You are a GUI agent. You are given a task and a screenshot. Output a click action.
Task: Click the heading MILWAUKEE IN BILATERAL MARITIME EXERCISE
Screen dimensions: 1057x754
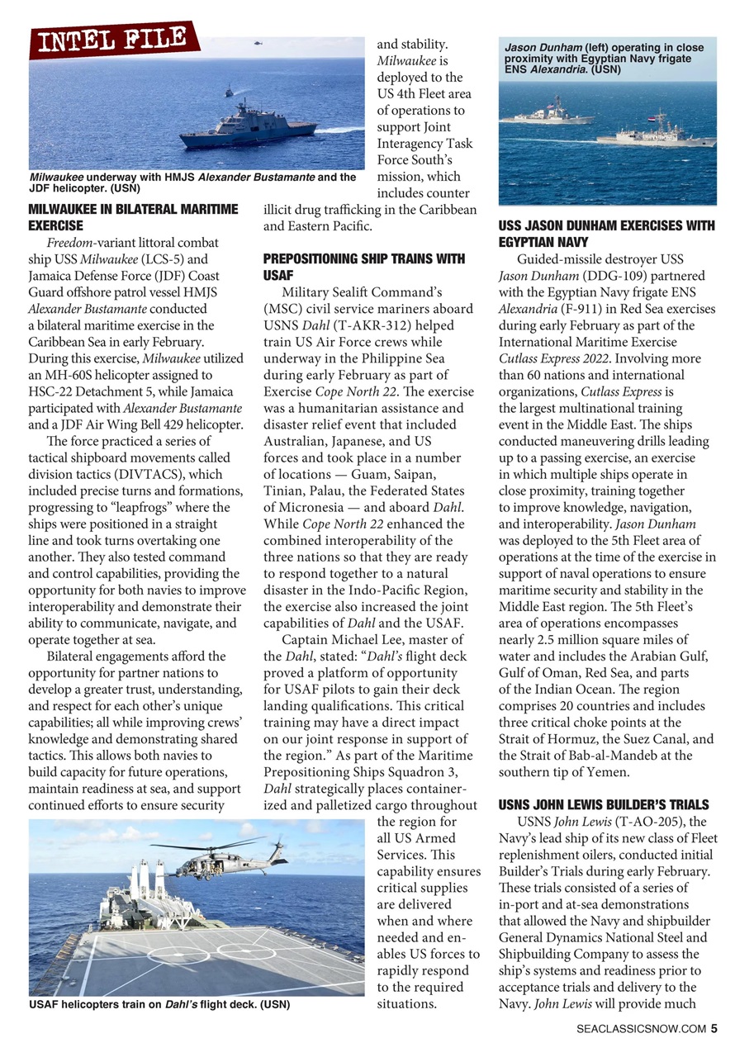133,216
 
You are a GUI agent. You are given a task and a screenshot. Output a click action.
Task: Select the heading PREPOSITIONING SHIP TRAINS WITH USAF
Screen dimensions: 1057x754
363,266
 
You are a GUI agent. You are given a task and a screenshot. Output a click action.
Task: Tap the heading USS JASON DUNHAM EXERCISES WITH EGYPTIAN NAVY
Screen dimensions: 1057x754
606,234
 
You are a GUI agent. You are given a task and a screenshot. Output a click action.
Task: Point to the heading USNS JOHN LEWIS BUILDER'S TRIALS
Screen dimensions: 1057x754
604,803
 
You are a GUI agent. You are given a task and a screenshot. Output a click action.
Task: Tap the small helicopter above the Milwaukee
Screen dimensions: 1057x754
258,44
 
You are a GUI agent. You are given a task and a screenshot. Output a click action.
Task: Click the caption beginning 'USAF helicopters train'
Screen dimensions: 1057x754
159,1005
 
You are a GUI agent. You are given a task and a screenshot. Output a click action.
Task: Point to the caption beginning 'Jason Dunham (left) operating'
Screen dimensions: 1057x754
604,59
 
